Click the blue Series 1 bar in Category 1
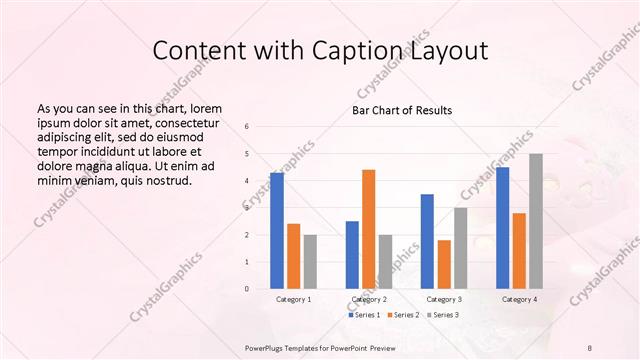tap(277, 231)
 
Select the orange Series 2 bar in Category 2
tap(368, 229)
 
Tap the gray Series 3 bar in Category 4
tap(536, 221)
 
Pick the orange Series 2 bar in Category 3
tap(444, 264)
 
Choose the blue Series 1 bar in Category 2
tap(352, 255)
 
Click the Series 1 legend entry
tap(365, 315)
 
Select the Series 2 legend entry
tap(404, 315)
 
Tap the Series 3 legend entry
tap(443, 315)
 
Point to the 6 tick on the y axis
tap(247, 127)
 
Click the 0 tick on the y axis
tap(247, 289)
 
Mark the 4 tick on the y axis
tap(247, 181)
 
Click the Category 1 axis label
tap(293, 299)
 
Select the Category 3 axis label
tap(444, 299)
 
